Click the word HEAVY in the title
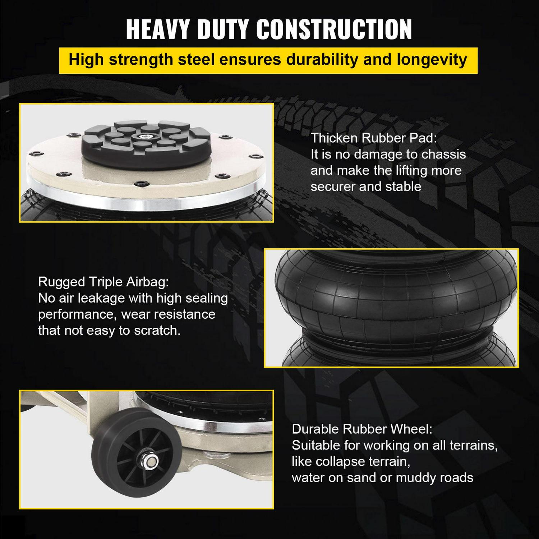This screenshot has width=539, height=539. [x=158, y=29]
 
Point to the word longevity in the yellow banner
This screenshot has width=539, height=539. [x=432, y=60]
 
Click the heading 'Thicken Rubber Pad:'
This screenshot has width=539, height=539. [x=374, y=138]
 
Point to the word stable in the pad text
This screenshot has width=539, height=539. [x=403, y=186]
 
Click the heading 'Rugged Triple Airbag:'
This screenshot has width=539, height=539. [x=103, y=282]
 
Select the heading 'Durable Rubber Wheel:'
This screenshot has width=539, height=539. [x=362, y=429]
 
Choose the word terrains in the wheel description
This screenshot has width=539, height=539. [x=472, y=446]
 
